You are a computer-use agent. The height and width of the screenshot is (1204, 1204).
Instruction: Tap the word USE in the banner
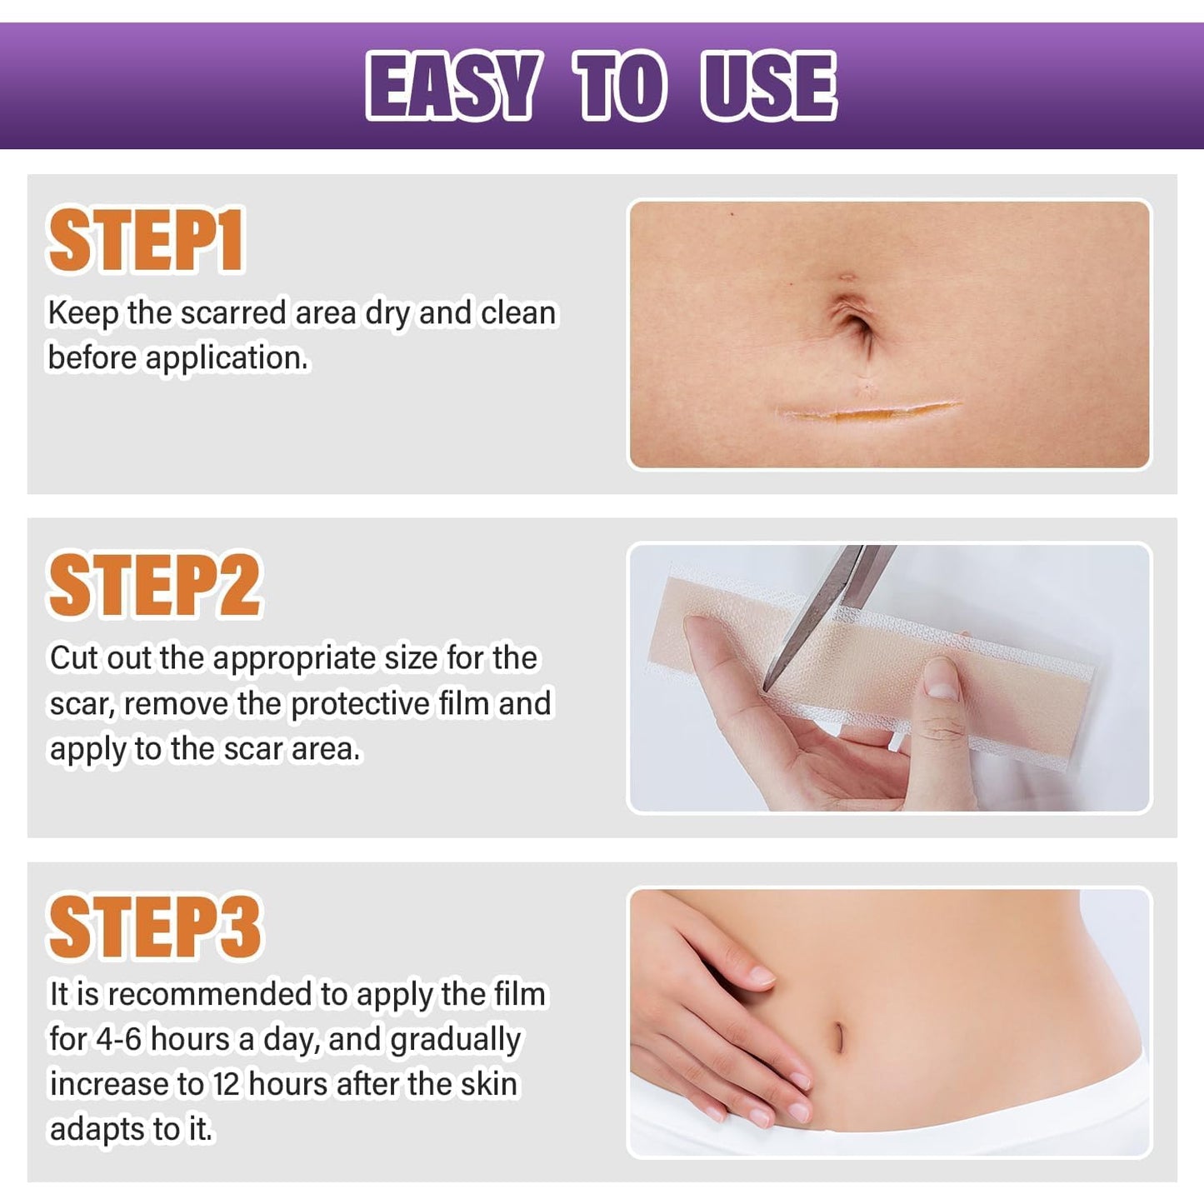pyautogui.click(x=768, y=85)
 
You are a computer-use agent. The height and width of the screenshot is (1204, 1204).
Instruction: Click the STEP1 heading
pyautogui.click(x=146, y=242)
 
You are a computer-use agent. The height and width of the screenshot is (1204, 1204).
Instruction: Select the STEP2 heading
pyautogui.click(x=155, y=586)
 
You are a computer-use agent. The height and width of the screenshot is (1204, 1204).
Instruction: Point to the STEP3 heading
pyautogui.click(x=155, y=927)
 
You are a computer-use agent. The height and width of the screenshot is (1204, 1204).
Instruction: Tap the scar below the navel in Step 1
pyautogui.click(x=867, y=411)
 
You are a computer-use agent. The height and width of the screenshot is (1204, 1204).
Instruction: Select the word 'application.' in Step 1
pyautogui.click(x=227, y=359)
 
